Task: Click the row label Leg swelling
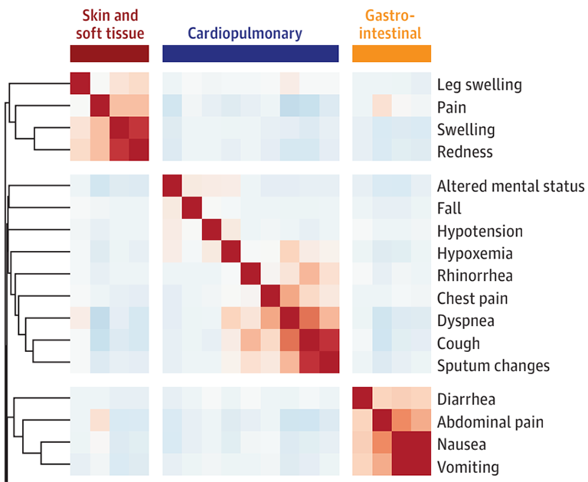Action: pos(479,84)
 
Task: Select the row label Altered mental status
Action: pos(511,186)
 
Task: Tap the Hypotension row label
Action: pos(479,231)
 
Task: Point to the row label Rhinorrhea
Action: pos(475,276)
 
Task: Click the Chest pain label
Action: pos(472,298)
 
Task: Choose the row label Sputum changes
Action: pos(493,366)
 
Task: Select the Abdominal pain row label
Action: pos(490,422)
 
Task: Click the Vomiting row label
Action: pos(468,467)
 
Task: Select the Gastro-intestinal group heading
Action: pos(391,24)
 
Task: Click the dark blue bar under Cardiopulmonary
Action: pos(250,53)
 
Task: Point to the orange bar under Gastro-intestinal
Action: pos(391,53)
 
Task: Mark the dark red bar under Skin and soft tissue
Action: pos(109,53)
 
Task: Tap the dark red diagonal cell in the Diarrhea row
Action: pos(361,398)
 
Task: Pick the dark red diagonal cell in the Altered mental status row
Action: pos(172,185)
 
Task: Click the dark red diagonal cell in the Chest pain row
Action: pos(270,297)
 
